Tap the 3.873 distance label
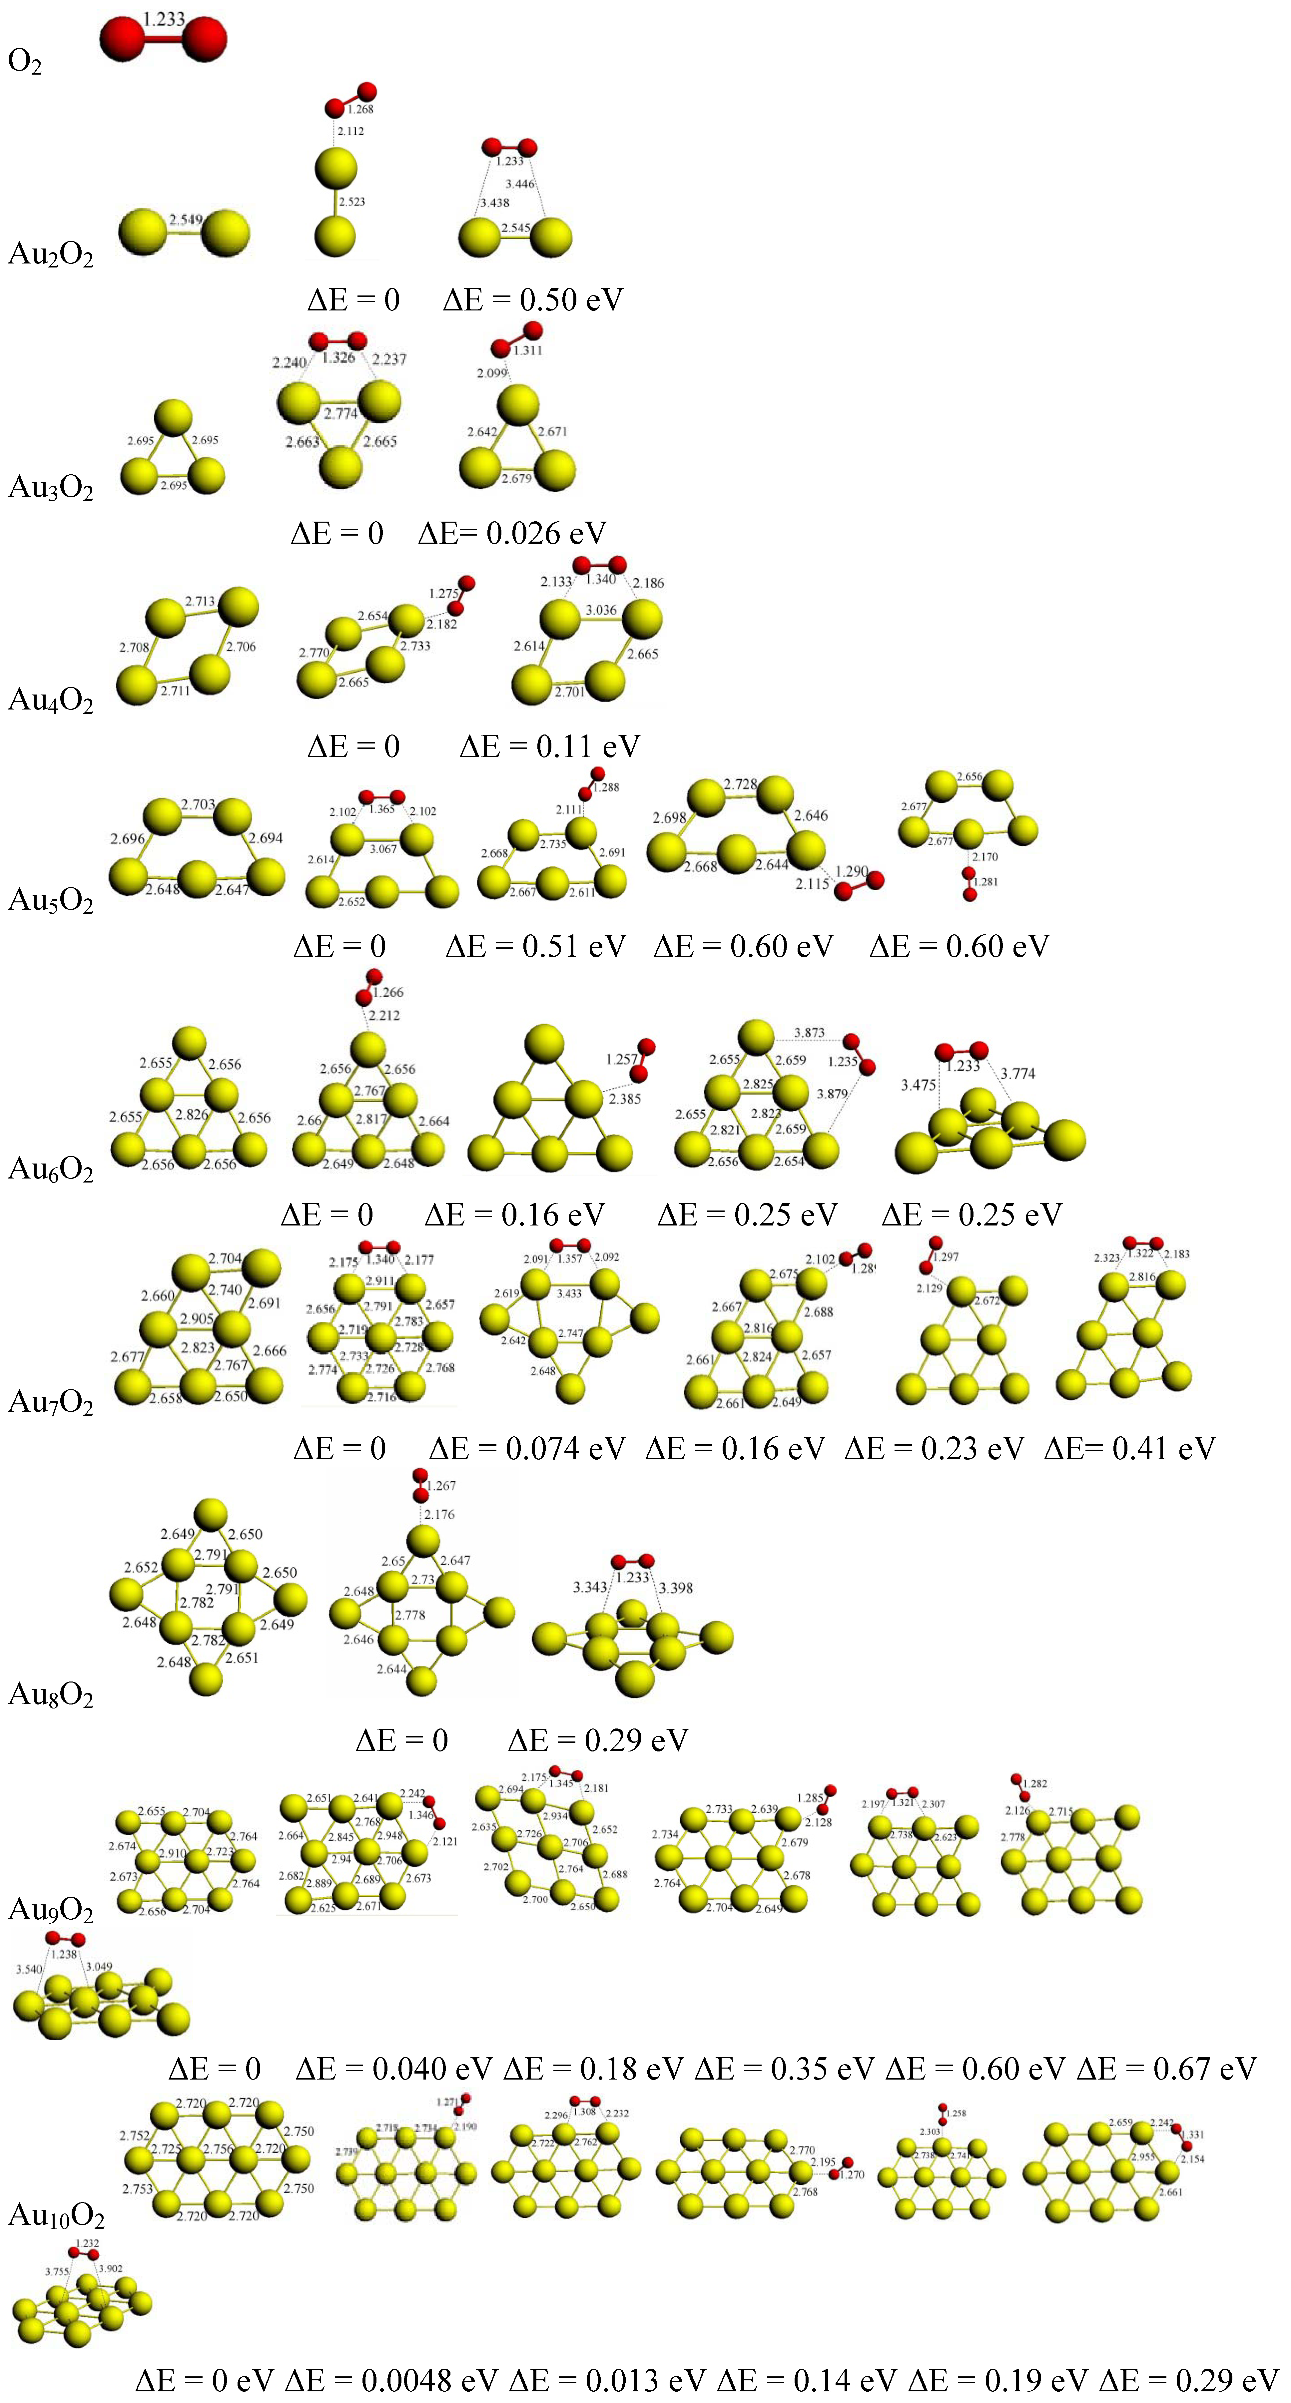[x=809, y=1033]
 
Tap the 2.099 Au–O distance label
[x=492, y=373]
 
